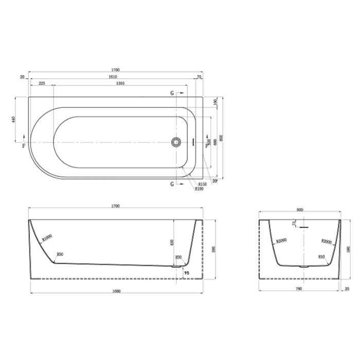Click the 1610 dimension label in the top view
pos(115,76)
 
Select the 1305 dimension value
pos(120,83)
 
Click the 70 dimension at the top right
pos(199,76)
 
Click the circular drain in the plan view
pos(176,141)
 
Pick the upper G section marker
pos(172,94)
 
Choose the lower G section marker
pos(172,184)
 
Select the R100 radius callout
pos(199,189)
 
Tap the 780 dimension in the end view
pos(299,289)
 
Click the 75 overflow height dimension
pos(294,224)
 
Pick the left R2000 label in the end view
pos(281,241)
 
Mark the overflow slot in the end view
pos(304,226)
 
